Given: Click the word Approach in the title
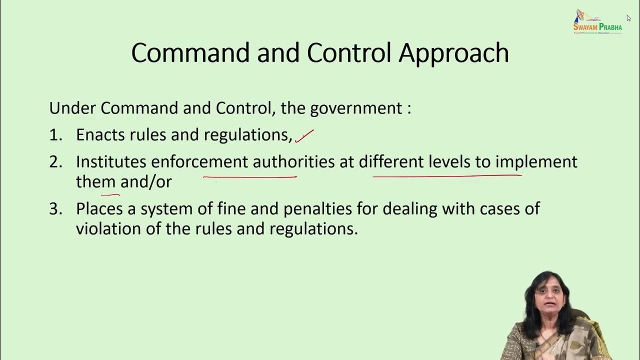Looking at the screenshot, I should point(453,53).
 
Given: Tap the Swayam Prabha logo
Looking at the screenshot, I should point(597,22).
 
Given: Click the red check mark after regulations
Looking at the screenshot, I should point(304,135).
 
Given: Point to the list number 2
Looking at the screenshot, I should point(55,162).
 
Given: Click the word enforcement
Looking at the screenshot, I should point(199,162).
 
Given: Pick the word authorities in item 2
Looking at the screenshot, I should point(293,162).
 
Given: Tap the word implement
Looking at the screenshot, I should point(536,162).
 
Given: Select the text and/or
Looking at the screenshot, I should point(146,182).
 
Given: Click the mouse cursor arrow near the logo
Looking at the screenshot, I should point(628,18).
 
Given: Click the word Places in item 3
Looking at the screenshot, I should point(99,209).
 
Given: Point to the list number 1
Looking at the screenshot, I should point(55,135).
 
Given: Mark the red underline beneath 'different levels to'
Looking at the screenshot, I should point(447,176).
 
